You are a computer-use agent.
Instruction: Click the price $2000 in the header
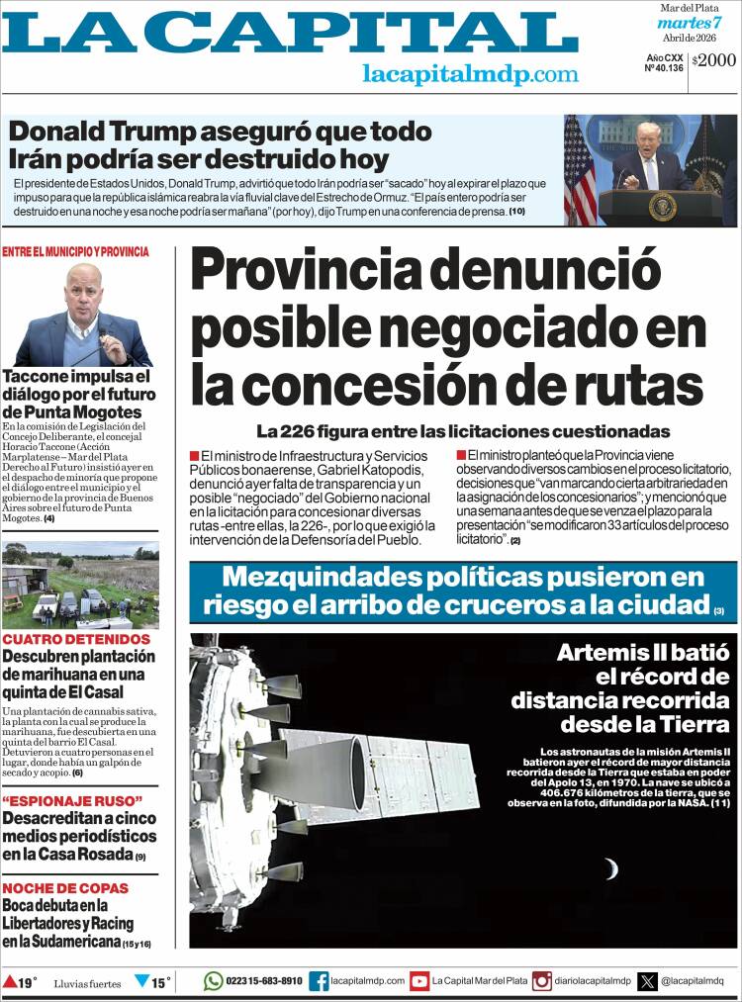[714, 60]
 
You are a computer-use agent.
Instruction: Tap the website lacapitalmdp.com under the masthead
[470, 74]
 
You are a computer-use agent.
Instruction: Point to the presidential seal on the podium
[663, 206]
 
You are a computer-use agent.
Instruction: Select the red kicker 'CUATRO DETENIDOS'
[76, 639]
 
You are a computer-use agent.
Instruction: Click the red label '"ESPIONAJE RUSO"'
[72, 800]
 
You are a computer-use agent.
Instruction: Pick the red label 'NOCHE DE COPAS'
[65, 888]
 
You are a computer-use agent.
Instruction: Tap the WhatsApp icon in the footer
[213, 981]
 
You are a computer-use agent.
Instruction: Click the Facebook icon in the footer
[319, 981]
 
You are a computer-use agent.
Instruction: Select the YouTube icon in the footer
[419, 981]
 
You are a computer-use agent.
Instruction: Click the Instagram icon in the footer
[541, 981]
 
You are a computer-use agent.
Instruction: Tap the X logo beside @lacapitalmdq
[648, 981]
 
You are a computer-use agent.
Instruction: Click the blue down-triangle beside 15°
[141, 982]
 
